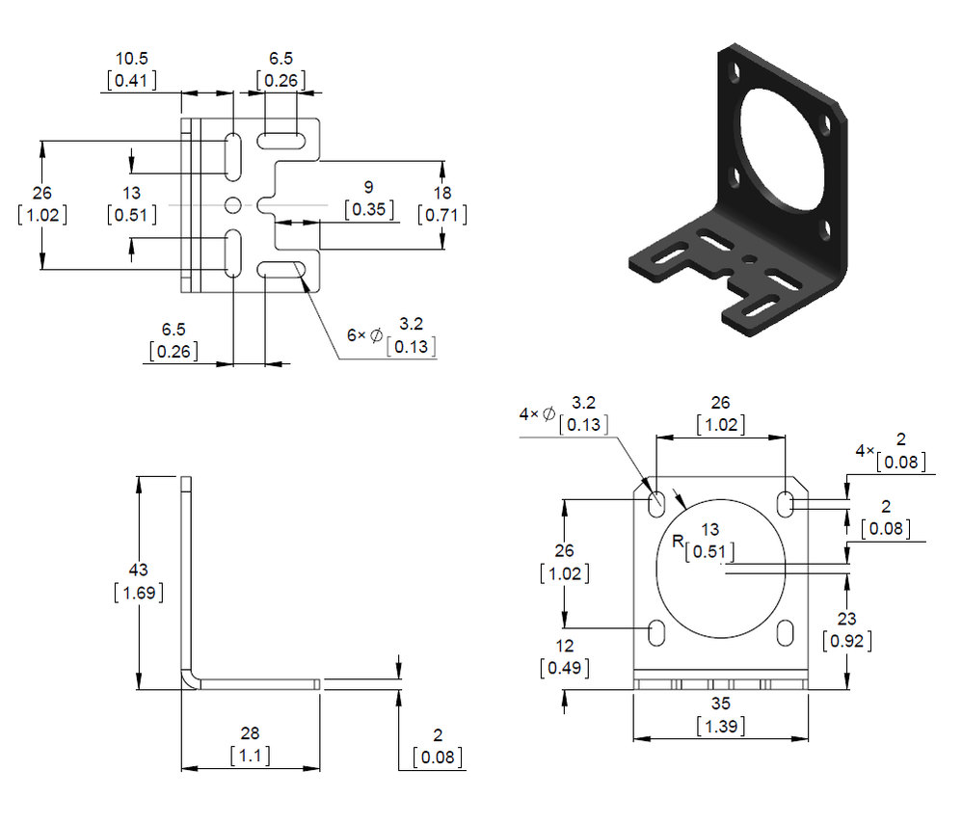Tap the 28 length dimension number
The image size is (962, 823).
[x=250, y=733]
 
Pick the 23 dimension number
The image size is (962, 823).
[x=847, y=619]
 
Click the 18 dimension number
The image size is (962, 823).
[x=441, y=193]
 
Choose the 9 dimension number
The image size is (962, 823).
[x=368, y=186]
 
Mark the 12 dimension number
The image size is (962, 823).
[x=564, y=646]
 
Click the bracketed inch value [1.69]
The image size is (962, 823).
[x=138, y=591]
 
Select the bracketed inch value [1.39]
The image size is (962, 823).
[x=720, y=726]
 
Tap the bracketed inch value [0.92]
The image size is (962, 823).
[x=847, y=639]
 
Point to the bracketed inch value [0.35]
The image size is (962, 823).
[x=368, y=208]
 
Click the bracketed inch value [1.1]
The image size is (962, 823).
[x=250, y=756]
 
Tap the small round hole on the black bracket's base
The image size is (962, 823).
[x=750, y=258]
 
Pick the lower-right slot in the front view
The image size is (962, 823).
[x=786, y=633]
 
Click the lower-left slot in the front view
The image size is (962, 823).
[x=656, y=633]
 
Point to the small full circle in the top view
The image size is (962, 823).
[x=233, y=205]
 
